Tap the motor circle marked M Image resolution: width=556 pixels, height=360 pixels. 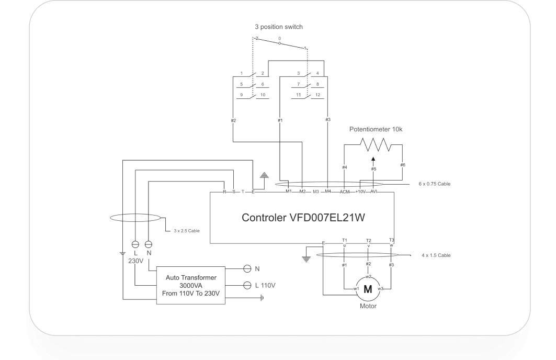click(x=368, y=289)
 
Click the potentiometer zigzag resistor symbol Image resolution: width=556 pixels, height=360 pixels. click(x=373, y=144)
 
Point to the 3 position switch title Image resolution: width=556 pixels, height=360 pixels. click(x=278, y=27)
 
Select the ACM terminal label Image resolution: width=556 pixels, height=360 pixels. click(x=344, y=192)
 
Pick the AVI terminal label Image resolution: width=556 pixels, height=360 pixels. click(x=373, y=192)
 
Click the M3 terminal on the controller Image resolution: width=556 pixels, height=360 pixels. click(x=315, y=192)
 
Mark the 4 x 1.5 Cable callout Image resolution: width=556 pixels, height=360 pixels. click(x=436, y=255)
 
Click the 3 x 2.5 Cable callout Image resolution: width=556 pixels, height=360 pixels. click(x=187, y=230)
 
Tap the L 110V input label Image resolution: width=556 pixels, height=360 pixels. click(x=265, y=285)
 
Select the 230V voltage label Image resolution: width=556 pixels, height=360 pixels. click(x=136, y=260)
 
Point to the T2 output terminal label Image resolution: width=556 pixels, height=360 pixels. click(x=368, y=240)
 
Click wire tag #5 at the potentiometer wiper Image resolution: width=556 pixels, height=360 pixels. click(x=373, y=169)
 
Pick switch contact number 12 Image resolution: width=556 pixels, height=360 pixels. click(x=317, y=95)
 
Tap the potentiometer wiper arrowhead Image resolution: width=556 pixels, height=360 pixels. click(x=373, y=159)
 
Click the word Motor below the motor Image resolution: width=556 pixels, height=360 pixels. click(x=368, y=306)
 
